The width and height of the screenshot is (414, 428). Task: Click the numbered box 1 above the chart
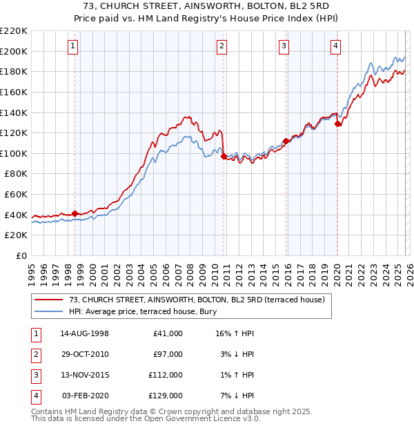click(x=73, y=46)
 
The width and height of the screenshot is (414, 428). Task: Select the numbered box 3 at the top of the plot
click(x=284, y=46)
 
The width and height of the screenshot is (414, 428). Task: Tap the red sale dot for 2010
click(x=224, y=157)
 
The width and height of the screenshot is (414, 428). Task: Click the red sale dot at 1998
click(x=75, y=213)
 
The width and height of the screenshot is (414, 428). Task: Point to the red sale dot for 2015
click(x=285, y=141)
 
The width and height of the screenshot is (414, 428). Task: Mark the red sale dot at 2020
click(x=337, y=124)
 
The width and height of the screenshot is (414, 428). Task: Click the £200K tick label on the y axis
click(x=14, y=51)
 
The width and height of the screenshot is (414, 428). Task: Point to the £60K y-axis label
click(x=16, y=195)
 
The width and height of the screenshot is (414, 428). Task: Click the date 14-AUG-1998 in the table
click(x=85, y=333)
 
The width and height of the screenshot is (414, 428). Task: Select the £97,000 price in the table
click(x=168, y=354)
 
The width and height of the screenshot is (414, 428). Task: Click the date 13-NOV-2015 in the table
click(x=85, y=375)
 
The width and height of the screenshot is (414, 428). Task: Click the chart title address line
click(x=207, y=6)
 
